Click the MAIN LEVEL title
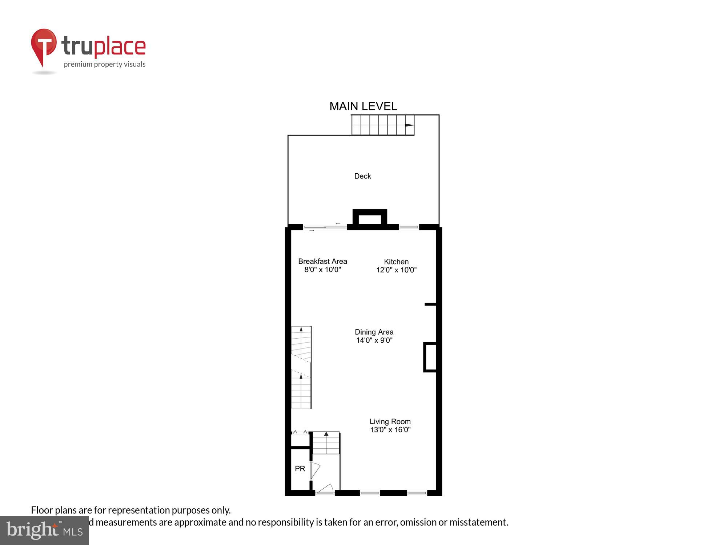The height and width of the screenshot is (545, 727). (363, 106)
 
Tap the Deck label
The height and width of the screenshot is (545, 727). (362, 176)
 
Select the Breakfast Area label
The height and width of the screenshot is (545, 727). (322, 261)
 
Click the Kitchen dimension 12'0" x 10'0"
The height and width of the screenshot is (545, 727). (396, 270)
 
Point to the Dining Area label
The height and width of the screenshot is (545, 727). (374, 332)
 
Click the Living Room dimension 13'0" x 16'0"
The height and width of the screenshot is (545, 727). (390, 430)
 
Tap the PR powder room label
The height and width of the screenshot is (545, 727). (300, 469)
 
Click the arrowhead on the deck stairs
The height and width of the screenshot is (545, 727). (409, 125)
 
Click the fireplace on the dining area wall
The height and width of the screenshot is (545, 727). (430, 357)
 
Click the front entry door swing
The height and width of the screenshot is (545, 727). (326, 489)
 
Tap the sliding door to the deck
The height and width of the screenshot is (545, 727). (325, 227)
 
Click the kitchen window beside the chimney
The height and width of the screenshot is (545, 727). (409, 227)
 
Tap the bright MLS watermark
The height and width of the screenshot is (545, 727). (44, 530)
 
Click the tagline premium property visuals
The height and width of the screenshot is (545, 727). (105, 65)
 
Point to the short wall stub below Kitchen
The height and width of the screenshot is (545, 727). (430, 304)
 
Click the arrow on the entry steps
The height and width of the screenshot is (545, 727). (326, 434)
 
